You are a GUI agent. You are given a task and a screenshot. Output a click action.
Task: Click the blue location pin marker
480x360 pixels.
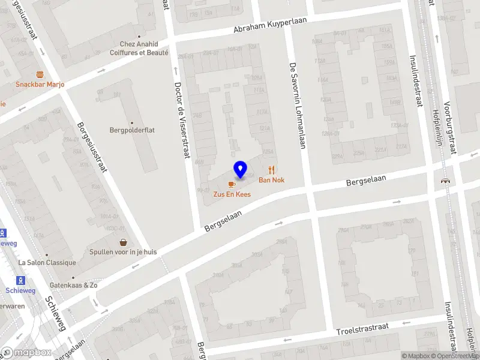pos(241,169)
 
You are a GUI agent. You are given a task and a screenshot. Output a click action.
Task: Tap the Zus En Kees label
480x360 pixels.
pos(232,194)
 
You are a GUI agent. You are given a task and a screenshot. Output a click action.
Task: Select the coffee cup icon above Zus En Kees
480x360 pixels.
pos(232,184)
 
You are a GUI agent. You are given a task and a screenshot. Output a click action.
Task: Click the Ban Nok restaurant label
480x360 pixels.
pos(271,180)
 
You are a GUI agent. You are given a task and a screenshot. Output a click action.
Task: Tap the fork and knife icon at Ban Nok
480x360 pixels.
pos(271,170)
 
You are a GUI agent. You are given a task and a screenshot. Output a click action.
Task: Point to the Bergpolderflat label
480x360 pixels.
pos(133,130)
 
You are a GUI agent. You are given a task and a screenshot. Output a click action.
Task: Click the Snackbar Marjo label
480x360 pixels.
pos(40,85)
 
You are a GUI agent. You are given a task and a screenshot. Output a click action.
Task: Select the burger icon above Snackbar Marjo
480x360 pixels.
pos(40,74)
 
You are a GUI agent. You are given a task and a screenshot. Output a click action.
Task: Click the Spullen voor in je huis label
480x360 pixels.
pos(123,252)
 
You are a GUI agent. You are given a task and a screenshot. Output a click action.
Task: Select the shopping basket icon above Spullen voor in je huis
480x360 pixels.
pos(124,242)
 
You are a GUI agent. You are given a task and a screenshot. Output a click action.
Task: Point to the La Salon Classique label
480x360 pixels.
pos(47,263)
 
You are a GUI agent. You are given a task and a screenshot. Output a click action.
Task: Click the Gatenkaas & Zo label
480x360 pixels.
pos(74,285)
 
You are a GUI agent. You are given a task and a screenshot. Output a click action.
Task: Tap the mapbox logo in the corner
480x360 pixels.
pos(26,353)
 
